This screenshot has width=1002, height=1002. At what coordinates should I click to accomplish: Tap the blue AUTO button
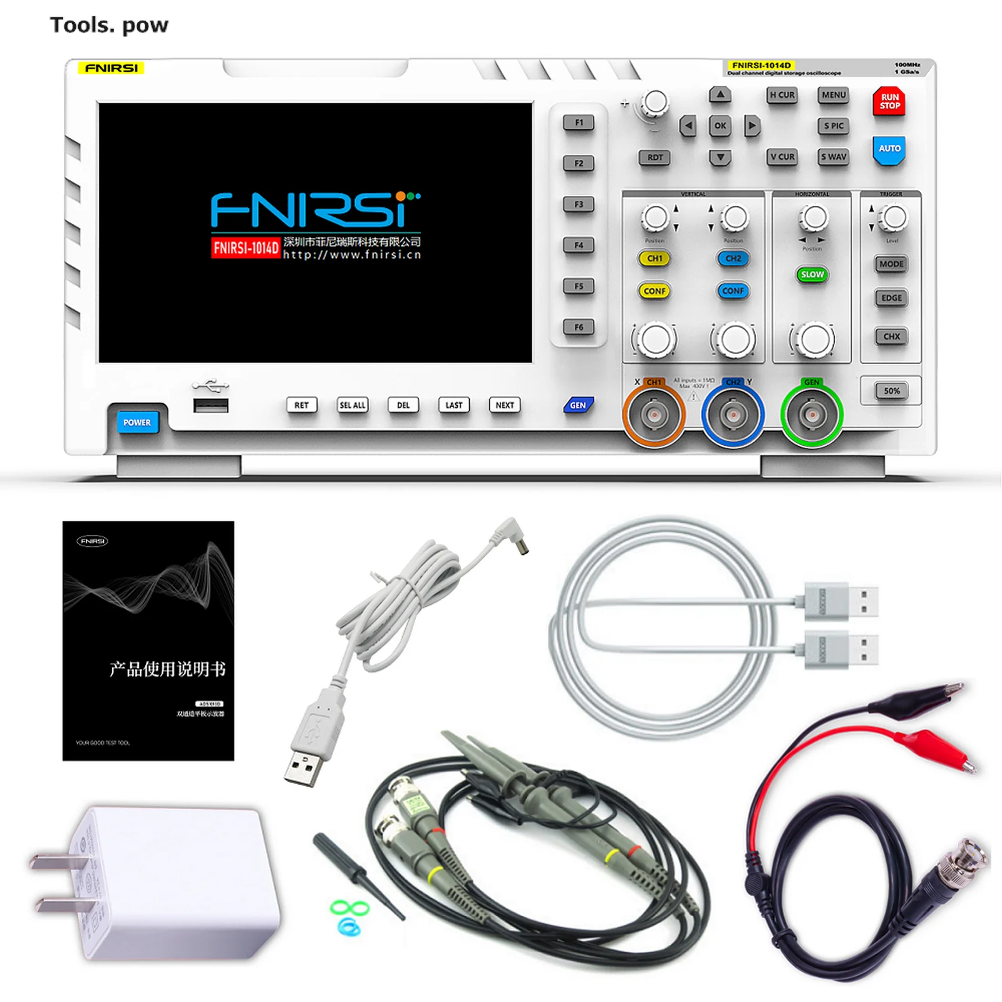point(889,149)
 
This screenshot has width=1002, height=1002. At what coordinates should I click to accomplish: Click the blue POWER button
point(137,422)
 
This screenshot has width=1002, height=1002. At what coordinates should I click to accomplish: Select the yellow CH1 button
point(654,258)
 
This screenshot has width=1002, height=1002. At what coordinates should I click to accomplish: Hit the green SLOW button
point(812,274)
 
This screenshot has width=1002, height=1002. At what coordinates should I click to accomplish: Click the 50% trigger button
point(892,391)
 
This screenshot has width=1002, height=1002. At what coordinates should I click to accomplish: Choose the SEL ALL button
point(353,405)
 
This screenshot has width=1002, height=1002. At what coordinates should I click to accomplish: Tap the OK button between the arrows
point(720,126)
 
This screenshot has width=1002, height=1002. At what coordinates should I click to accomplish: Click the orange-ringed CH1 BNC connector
point(654,415)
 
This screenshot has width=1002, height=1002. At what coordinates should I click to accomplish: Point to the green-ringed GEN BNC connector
point(812,415)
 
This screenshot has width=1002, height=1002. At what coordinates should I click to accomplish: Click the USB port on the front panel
point(210,406)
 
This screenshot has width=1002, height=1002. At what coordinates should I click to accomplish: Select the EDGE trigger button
point(892,298)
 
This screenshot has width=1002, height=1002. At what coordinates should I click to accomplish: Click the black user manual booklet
point(148,641)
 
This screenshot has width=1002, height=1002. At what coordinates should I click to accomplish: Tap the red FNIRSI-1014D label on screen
point(245,248)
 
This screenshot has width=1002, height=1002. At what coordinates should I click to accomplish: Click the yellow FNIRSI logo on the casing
point(111,68)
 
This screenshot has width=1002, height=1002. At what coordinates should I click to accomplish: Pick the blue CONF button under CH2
point(733,291)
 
